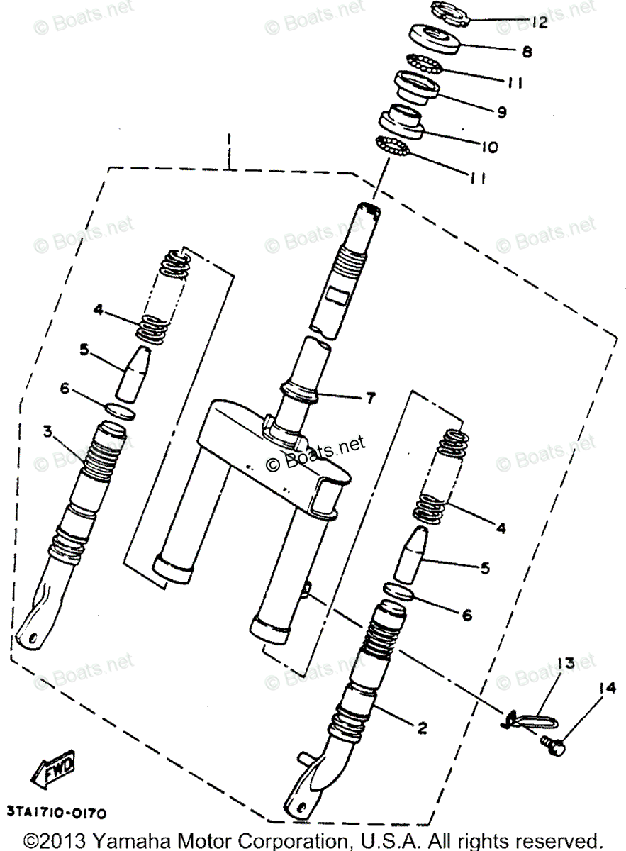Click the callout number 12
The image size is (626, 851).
pyautogui.click(x=538, y=23)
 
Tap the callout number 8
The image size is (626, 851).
pyautogui.click(x=526, y=52)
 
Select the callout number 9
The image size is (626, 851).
pyautogui.click(x=501, y=111)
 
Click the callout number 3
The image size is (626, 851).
pyautogui.click(x=47, y=431)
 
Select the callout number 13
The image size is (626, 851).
pyautogui.click(x=564, y=664)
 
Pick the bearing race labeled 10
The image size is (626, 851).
pyautogui.click(x=398, y=122)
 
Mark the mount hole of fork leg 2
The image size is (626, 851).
pyautogui.click(x=298, y=809)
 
